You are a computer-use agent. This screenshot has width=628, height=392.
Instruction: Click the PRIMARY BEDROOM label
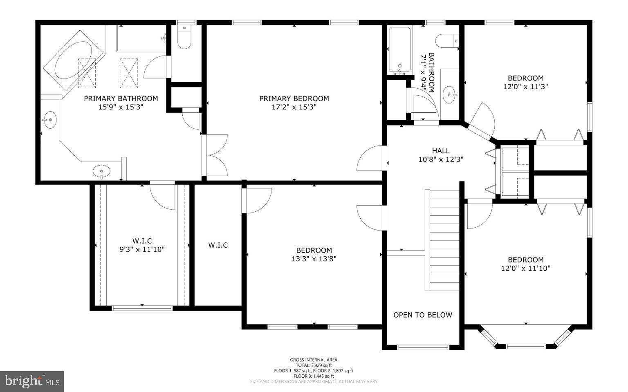point(294,99)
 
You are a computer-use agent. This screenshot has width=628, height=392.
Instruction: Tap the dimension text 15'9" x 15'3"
point(121,107)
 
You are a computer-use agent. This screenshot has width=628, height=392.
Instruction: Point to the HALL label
point(440,151)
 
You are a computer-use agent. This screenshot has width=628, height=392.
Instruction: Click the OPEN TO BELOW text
point(423,315)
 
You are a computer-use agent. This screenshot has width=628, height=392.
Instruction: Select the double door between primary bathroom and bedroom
point(214,155)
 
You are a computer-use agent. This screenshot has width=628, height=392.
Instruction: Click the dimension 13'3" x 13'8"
point(314,259)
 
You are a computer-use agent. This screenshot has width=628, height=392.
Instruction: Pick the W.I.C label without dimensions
point(218,245)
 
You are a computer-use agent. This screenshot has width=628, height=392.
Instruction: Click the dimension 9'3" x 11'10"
point(142,249)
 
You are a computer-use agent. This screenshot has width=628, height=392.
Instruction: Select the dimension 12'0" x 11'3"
point(525,87)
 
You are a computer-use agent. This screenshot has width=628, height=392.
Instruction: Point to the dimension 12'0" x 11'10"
point(525,269)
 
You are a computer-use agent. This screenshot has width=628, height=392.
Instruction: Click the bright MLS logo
point(32,381)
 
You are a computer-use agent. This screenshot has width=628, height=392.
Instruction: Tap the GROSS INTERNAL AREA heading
point(314,360)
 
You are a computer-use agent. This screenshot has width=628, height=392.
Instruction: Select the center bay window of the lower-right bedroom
point(525,346)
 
